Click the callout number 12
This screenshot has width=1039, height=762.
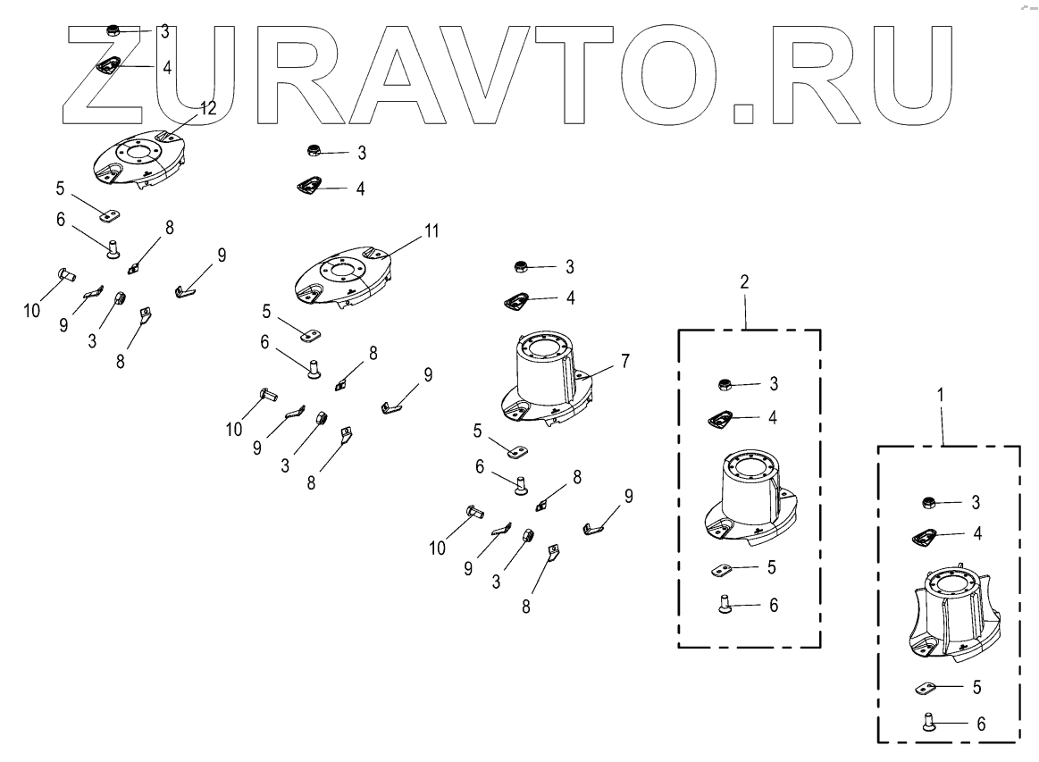coord(207,108)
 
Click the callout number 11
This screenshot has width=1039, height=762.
coord(432,230)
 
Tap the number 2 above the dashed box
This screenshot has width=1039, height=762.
coord(744,281)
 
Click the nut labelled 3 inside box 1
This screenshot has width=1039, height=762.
coord(928,501)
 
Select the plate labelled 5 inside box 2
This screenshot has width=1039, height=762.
coord(725,568)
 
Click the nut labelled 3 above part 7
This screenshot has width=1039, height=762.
coord(520,266)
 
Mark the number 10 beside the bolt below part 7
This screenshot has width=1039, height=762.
coord(437,548)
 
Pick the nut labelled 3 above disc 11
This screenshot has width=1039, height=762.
coord(314,149)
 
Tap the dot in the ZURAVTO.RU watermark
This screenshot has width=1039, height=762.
coord(742,113)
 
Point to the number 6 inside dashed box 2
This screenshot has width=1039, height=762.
coord(774,605)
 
